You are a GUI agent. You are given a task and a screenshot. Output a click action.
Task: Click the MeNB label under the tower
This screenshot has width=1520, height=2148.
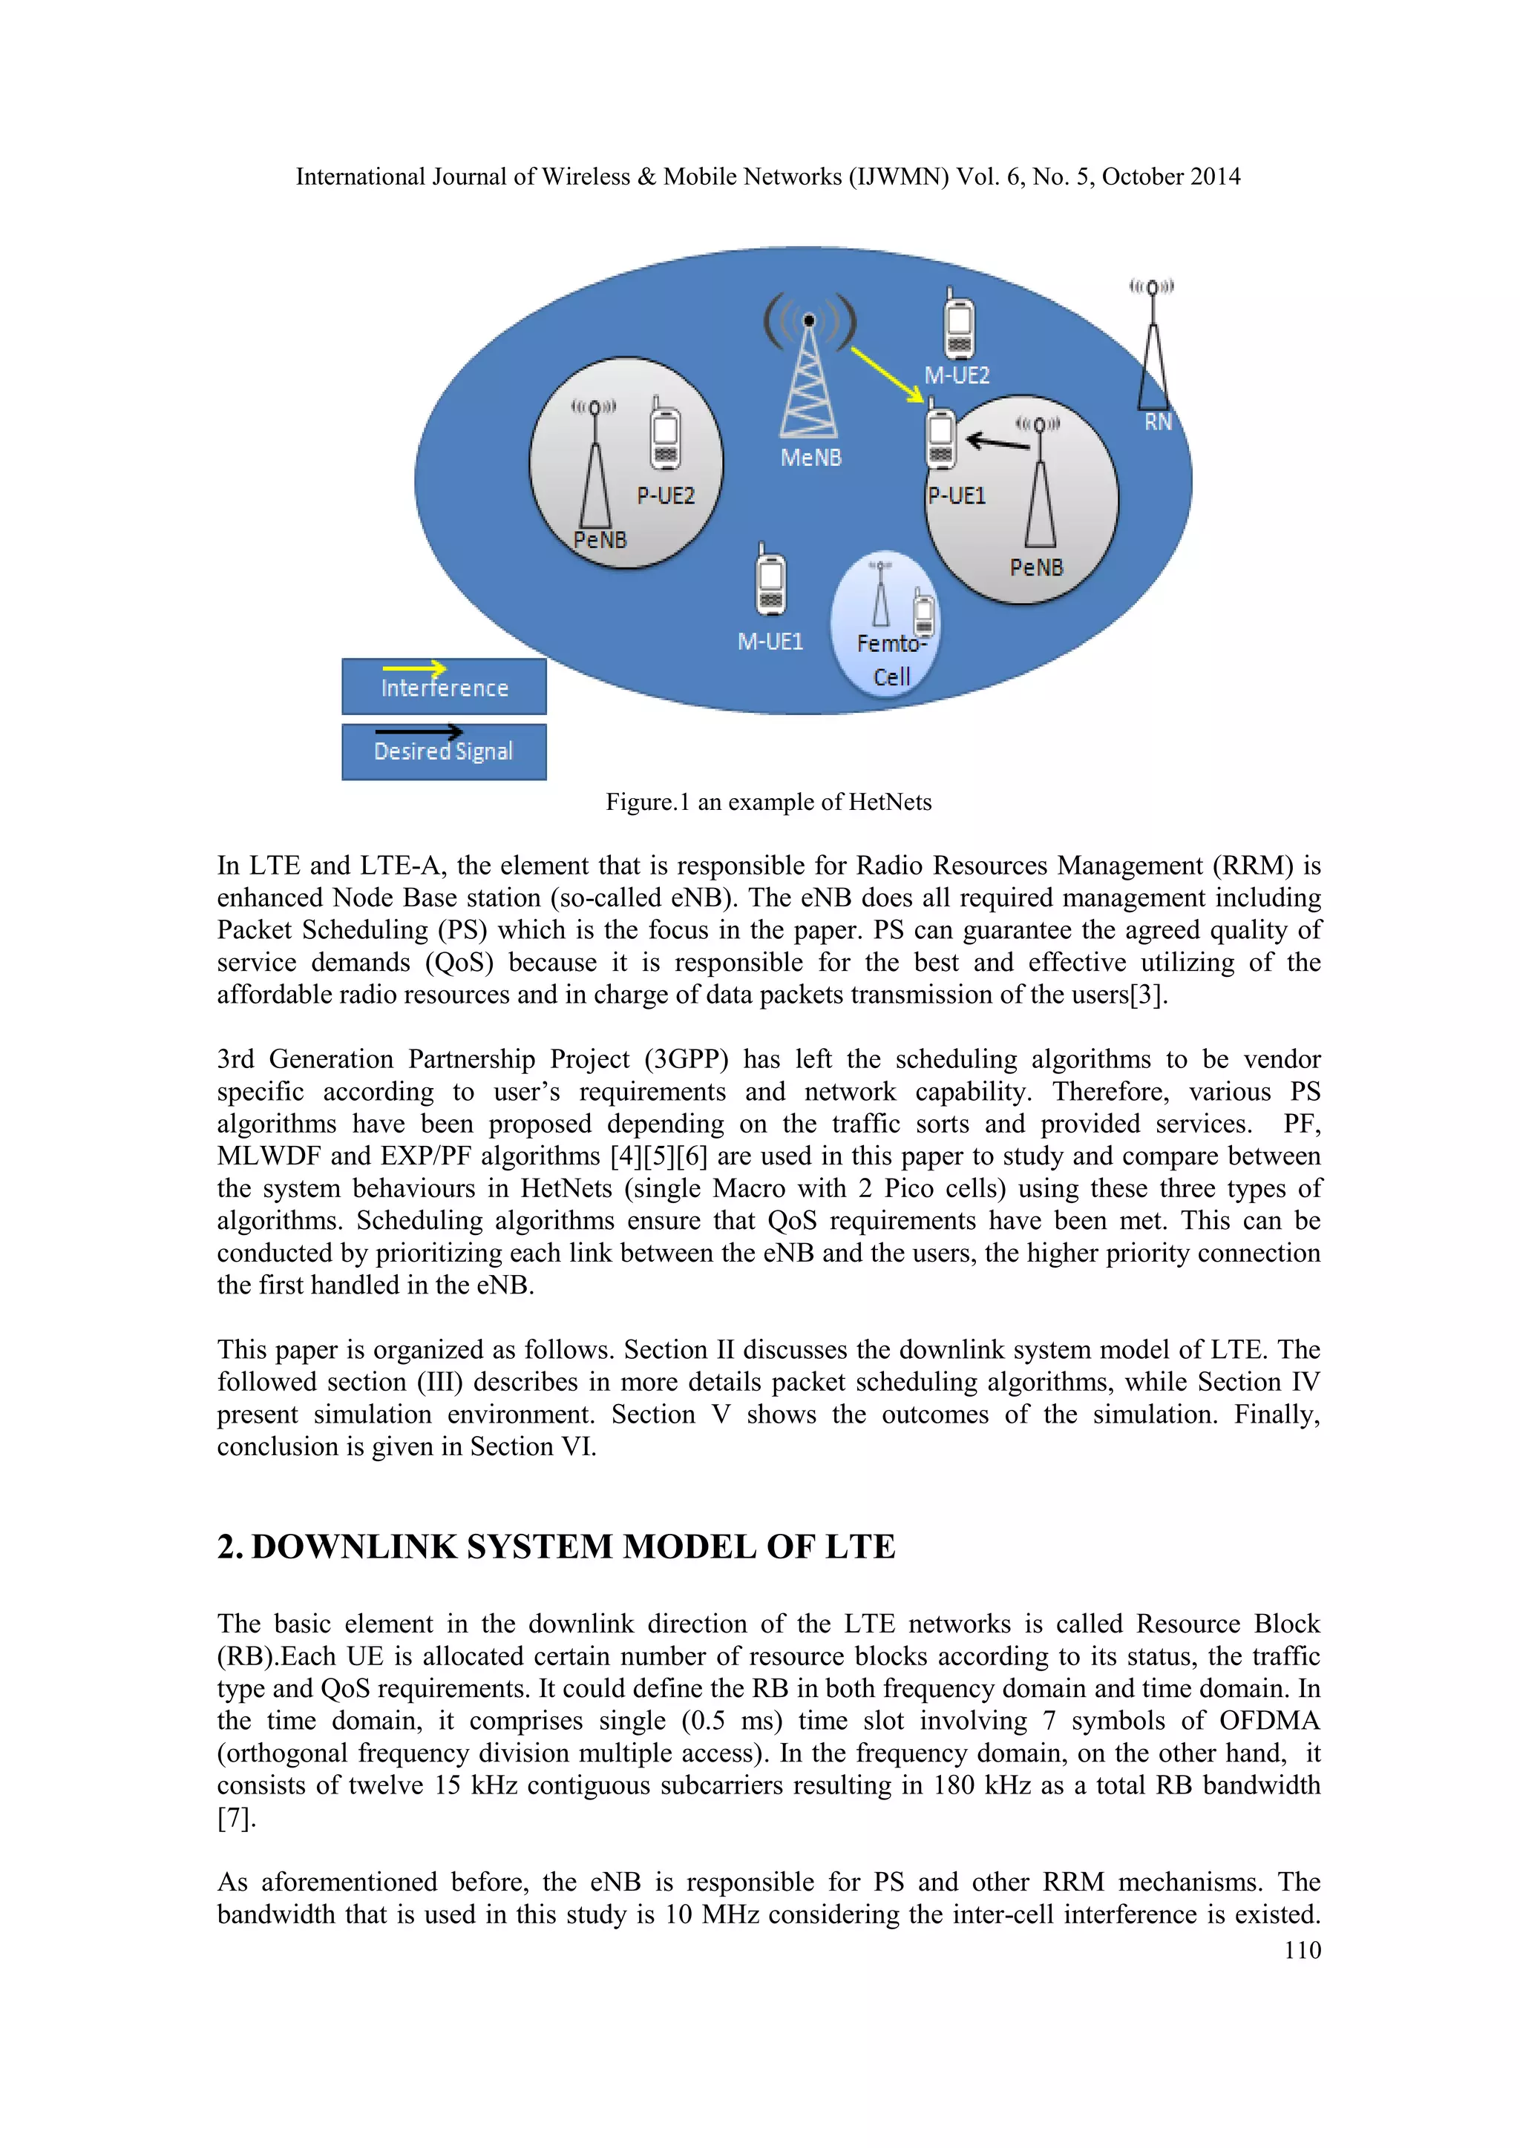click(x=810, y=458)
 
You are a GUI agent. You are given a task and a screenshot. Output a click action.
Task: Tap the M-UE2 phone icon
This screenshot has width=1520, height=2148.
click(x=958, y=326)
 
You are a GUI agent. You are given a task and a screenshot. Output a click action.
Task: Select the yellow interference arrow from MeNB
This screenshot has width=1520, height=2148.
click(x=885, y=375)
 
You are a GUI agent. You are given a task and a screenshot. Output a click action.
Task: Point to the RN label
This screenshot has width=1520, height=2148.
click(x=1158, y=422)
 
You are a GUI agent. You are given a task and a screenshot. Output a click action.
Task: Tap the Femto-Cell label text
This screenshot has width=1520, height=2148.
click(x=891, y=659)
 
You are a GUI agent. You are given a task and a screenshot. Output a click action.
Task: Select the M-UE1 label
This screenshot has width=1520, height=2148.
click(x=770, y=641)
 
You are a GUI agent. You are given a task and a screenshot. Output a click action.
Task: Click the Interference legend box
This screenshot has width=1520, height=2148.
click(x=444, y=687)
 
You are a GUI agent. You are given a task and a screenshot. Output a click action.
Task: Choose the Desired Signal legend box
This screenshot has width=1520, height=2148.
click(x=444, y=751)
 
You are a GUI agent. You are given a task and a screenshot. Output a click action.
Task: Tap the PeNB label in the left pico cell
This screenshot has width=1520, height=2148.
click(x=600, y=540)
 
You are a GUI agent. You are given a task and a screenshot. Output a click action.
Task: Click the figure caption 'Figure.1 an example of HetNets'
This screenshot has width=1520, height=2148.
click(x=768, y=803)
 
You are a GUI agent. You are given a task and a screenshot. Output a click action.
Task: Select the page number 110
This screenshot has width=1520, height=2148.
click(x=1302, y=1950)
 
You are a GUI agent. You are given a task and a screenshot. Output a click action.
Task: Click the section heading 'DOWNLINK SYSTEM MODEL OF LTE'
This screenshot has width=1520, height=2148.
click(x=573, y=1546)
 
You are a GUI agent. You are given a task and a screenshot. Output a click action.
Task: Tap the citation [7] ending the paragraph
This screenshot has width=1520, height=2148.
click(x=235, y=1818)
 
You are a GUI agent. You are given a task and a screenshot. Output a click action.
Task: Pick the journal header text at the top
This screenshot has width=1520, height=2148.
click(x=767, y=177)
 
